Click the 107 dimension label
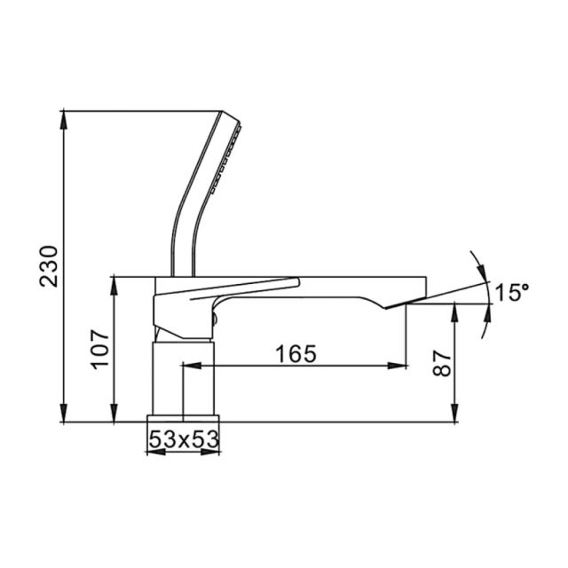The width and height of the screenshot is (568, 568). (x=100, y=349)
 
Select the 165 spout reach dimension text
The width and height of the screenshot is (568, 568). (x=296, y=354)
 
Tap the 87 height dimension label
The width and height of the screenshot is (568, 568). (x=441, y=362)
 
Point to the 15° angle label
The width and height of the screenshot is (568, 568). (x=511, y=292)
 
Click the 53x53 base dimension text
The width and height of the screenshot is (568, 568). (x=183, y=438)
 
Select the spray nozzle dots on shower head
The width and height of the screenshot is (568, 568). (x=229, y=160)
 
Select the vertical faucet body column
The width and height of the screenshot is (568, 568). (x=183, y=377)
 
